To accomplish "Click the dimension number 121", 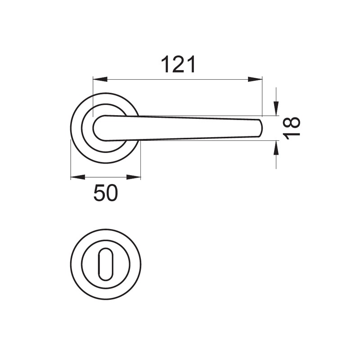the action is click(x=178, y=64).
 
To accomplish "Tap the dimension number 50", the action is click(x=106, y=193).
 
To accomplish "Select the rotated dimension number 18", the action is click(x=292, y=128).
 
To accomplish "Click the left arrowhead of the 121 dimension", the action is click(x=100, y=80).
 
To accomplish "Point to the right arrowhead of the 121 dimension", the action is click(x=255, y=80).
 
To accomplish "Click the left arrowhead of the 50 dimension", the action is click(x=78, y=177).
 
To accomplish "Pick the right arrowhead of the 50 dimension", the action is click(x=133, y=177).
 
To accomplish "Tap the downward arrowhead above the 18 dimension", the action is click(x=276, y=108).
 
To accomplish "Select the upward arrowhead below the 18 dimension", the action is click(x=276, y=148).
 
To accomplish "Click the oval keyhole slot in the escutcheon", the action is click(x=106, y=264).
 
